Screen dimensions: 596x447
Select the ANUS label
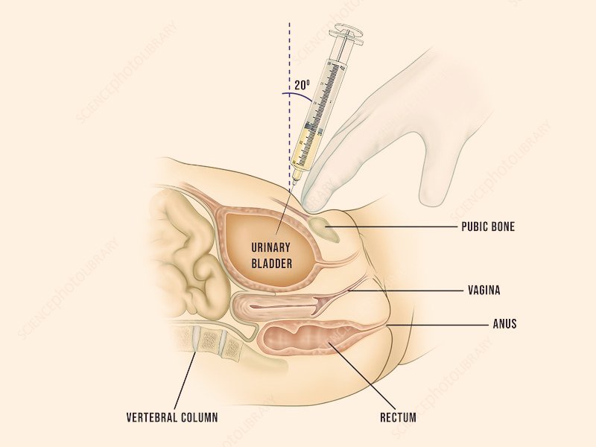[504, 324]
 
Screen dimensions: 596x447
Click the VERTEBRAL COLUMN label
[171, 417]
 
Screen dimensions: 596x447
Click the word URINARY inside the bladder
[270, 248]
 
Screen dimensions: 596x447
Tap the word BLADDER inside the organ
[270, 263]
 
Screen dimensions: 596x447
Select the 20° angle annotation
[302, 84]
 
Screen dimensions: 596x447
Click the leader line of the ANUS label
[440, 325]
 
